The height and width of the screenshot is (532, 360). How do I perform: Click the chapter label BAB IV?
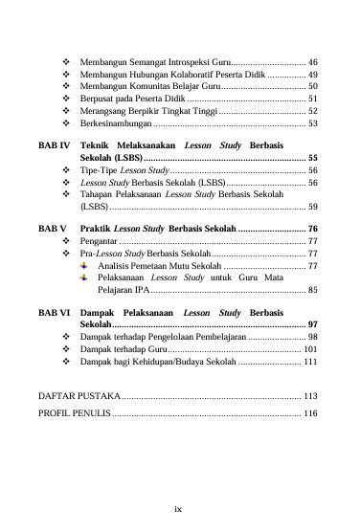tap(52, 144)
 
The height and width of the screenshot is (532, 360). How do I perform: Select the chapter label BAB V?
tap(51, 230)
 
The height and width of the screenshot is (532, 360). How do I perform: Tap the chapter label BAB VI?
tap(52, 313)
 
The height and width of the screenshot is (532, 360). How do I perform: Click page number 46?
tap(313, 60)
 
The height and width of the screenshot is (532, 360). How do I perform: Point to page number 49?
tap(313, 73)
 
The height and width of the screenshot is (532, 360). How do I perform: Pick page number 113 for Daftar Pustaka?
tap(310, 395)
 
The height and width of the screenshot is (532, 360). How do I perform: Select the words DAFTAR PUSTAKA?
tap(79, 395)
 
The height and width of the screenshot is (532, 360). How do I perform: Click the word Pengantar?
tap(100, 242)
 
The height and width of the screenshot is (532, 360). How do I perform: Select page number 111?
tap(310, 363)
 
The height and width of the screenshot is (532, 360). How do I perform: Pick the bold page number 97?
tap(313, 325)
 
